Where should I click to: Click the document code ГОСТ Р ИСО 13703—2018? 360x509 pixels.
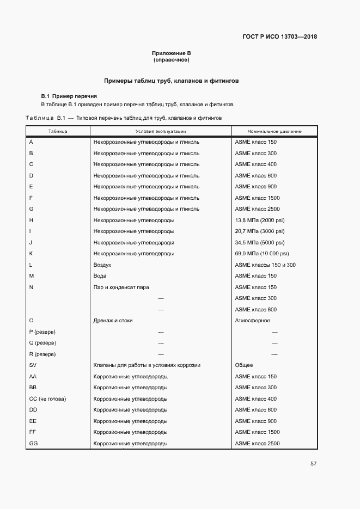(x=279, y=37)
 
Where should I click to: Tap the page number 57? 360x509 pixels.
(x=313, y=464)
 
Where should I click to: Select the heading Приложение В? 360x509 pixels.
(x=171, y=53)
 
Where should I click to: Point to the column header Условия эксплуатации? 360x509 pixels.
(x=161, y=132)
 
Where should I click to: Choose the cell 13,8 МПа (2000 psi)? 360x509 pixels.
(x=260, y=220)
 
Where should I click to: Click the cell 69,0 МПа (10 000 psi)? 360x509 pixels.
(x=262, y=254)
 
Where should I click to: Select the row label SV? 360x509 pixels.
(x=33, y=365)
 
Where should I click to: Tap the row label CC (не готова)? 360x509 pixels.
(x=47, y=399)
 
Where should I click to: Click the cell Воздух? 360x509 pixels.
(x=102, y=265)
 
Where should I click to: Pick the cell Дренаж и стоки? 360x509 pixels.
(x=113, y=321)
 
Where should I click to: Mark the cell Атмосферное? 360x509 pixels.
(x=252, y=321)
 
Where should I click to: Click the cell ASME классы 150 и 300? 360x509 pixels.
(x=265, y=265)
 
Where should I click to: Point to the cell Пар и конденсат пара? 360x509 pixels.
(x=121, y=287)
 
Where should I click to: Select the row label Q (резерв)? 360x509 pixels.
(x=42, y=343)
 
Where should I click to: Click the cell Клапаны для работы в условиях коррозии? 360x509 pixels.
(x=147, y=365)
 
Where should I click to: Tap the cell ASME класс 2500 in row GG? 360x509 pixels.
(x=257, y=444)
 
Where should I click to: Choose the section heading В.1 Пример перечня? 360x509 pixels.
(x=65, y=96)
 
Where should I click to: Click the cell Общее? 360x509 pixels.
(x=243, y=365)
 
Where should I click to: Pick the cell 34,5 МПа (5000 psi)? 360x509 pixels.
(x=260, y=243)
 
